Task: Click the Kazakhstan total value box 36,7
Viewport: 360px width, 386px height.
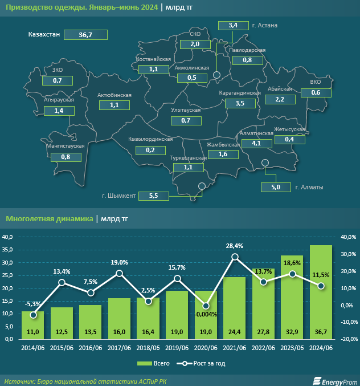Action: pos(86,35)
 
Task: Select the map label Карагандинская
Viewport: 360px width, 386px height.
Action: pos(240,92)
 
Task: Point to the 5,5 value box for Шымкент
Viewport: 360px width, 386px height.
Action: pos(153,196)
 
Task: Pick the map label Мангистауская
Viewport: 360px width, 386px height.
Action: pos(65,146)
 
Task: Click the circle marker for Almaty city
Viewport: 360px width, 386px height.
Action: pos(265,163)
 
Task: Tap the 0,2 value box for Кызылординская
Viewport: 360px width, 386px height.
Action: pos(150,150)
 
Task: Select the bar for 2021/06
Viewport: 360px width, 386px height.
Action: pos(235,308)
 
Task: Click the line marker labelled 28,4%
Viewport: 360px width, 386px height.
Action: pos(235,257)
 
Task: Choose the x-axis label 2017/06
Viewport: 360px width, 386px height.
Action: pos(119,347)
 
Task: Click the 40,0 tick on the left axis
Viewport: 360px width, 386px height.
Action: pos(9,237)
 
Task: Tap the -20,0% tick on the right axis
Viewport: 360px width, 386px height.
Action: pos(348,339)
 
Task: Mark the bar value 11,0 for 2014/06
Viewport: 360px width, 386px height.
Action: pos(32,331)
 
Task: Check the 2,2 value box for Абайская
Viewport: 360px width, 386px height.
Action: pos(280,100)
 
